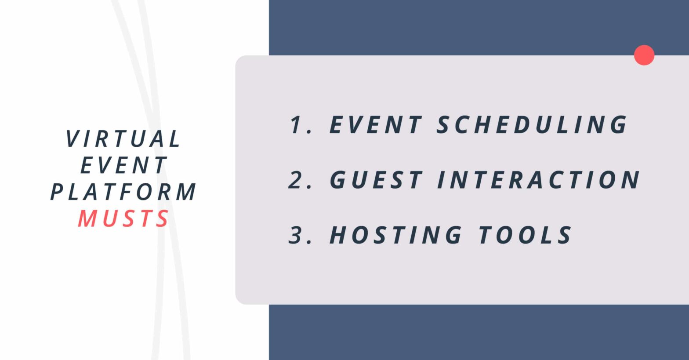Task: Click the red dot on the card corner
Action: point(644,55)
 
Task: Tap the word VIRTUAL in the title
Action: point(123,138)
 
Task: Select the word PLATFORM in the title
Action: point(123,192)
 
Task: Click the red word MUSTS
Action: point(123,218)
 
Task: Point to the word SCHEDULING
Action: point(532,125)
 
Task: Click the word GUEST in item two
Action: point(376,180)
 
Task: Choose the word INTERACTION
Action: point(539,180)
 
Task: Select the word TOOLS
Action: point(526,235)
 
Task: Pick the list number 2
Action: point(296,180)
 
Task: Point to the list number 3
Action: point(296,235)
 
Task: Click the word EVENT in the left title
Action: point(123,165)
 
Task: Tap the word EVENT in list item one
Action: point(376,125)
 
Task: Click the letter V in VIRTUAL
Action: point(72,138)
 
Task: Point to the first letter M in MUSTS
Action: point(88,218)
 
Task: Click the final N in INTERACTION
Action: point(631,180)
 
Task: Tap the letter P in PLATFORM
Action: point(57,192)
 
